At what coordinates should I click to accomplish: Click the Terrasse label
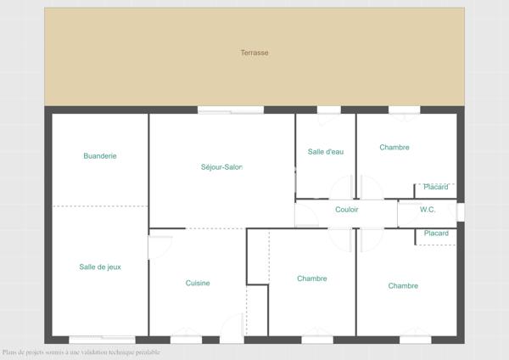255,53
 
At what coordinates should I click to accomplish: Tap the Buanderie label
100,156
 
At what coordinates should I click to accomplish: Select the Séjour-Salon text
222,167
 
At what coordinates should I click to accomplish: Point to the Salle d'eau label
326,152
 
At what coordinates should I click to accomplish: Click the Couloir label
346,210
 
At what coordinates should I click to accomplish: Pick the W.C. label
428,210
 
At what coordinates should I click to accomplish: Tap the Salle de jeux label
100,267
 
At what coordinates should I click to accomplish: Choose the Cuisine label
198,284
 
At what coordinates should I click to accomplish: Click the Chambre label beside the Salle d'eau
394,148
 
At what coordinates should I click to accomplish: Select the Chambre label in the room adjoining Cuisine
312,278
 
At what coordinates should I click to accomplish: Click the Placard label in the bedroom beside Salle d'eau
436,187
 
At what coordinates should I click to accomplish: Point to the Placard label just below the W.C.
436,233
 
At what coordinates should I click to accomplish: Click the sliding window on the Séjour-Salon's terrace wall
231,110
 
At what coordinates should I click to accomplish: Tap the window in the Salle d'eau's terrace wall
328,110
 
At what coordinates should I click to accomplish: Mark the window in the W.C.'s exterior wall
461,211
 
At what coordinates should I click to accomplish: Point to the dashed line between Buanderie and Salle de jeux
100,206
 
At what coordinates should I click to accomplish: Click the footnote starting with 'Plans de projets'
81,352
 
